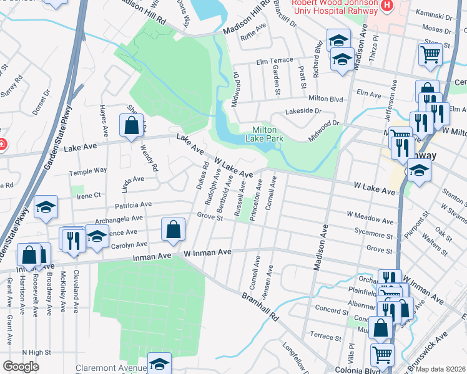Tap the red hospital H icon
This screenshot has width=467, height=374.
coord(387,6)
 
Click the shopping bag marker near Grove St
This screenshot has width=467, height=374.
coord(173,229)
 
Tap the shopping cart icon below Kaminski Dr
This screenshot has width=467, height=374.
coord(430,54)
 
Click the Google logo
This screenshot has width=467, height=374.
coord(21,367)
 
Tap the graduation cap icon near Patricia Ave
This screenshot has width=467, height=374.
coord(46,208)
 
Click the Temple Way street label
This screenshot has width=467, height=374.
coord(88,170)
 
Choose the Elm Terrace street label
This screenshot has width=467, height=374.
coord(274,61)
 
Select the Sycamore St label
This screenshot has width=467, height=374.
coord(373,236)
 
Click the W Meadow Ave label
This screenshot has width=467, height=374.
coord(370,221)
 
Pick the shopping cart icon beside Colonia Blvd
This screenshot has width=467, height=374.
coord(382,355)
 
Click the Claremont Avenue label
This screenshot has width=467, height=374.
coord(111,368)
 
